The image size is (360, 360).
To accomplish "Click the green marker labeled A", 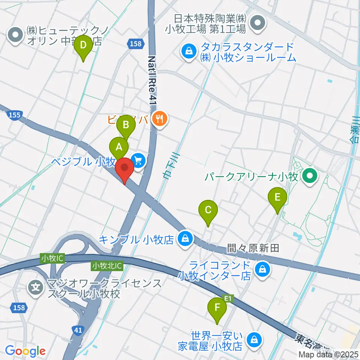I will (119, 147).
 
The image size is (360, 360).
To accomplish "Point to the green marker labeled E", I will (277, 197).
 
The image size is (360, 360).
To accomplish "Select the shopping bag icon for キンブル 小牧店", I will (185, 238).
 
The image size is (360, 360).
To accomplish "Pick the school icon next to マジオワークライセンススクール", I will (36, 288).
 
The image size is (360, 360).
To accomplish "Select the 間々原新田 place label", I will (253, 248).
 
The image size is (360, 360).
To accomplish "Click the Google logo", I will (25, 351).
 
